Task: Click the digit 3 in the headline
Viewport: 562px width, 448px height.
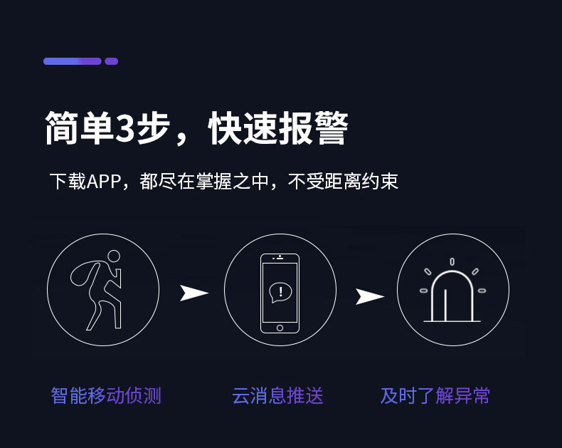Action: click(x=124, y=127)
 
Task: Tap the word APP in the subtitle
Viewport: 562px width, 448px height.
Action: click(x=104, y=182)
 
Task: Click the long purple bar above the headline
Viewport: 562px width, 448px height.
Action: click(x=73, y=61)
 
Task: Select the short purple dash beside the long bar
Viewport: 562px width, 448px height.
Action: click(x=112, y=61)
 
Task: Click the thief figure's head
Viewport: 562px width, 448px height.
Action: click(x=114, y=256)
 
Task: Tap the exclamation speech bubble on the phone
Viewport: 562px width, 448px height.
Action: click(x=280, y=293)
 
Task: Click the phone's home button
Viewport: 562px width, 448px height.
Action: click(x=280, y=328)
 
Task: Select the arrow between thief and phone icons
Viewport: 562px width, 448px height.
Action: click(x=194, y=293)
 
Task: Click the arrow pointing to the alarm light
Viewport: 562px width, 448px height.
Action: click(x=370, y=296)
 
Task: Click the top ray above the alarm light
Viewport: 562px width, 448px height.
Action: click(x=452, y=261)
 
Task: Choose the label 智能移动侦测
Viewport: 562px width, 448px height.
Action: click(x=106, y=396)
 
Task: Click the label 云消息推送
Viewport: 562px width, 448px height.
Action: click(x=277, y=396)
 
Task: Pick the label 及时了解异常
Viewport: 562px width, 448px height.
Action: click(x=435, y=396)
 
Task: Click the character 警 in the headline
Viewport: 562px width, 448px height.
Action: click(x=332, y=127)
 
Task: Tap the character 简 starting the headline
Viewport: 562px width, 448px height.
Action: click(x=62, y=127)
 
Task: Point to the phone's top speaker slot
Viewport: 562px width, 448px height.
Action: click(x=280, y=258)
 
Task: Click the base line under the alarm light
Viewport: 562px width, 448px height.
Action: click(x=452, y=321)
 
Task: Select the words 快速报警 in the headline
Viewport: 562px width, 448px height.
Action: click(x=278, y=127)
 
